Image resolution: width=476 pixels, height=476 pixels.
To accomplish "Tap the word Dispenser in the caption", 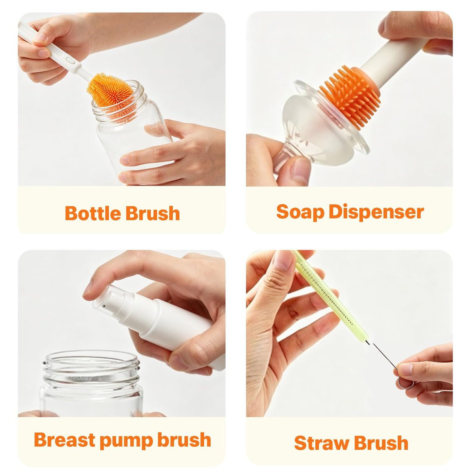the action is click(376, 212).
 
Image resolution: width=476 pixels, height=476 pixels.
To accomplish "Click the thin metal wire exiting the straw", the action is click(382, 356).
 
